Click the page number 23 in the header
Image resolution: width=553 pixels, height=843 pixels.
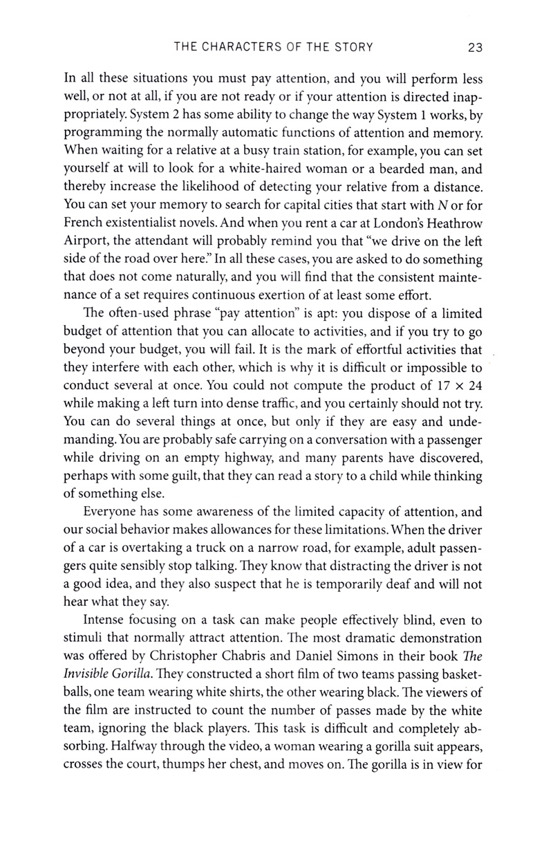pyautogui.click(x=474, y=48)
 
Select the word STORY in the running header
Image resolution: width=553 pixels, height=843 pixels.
pyautogui.click(x=352, y=48)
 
